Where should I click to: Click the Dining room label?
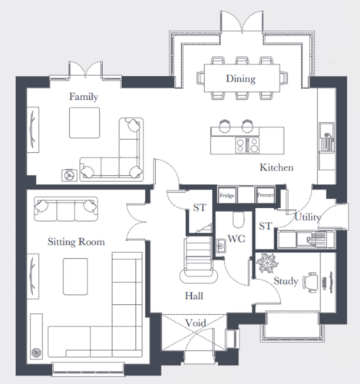(240, 78)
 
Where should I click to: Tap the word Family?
(84, 97)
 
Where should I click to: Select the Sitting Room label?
(76, 242)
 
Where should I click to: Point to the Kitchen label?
(276, 167)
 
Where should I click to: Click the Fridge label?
(227, 196)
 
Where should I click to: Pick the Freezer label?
(266, 195)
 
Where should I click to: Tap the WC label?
(236, 239)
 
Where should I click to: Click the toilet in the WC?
(239, 220)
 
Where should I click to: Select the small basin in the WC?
(220, 246)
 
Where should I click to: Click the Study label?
(286, 281)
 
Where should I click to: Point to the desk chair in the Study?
(311, 282)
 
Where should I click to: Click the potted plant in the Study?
(267, 263)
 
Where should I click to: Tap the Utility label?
(307, 217)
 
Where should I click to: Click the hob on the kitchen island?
(247, 145)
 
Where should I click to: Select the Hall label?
(194, 296)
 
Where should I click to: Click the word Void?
(196, 323)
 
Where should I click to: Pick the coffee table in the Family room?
(84, 123)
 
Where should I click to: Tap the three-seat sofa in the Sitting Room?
(66, 209)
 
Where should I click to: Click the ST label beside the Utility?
(265, 226)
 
